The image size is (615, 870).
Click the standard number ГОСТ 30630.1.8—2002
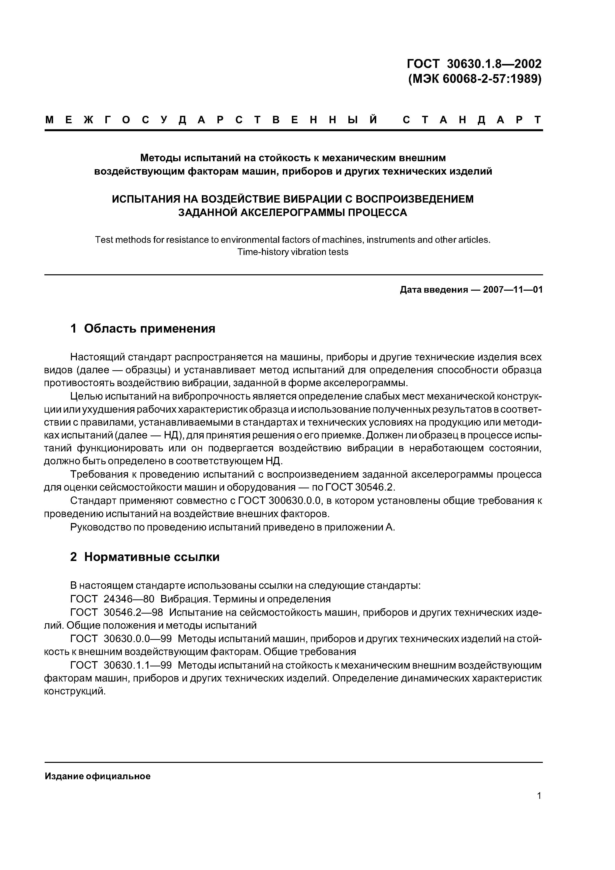point(474,64)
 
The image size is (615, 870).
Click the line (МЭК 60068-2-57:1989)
point(475,79)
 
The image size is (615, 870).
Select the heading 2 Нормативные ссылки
point(145,557)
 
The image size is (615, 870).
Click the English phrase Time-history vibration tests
point(293,252)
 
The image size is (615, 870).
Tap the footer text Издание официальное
point(97,777)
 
